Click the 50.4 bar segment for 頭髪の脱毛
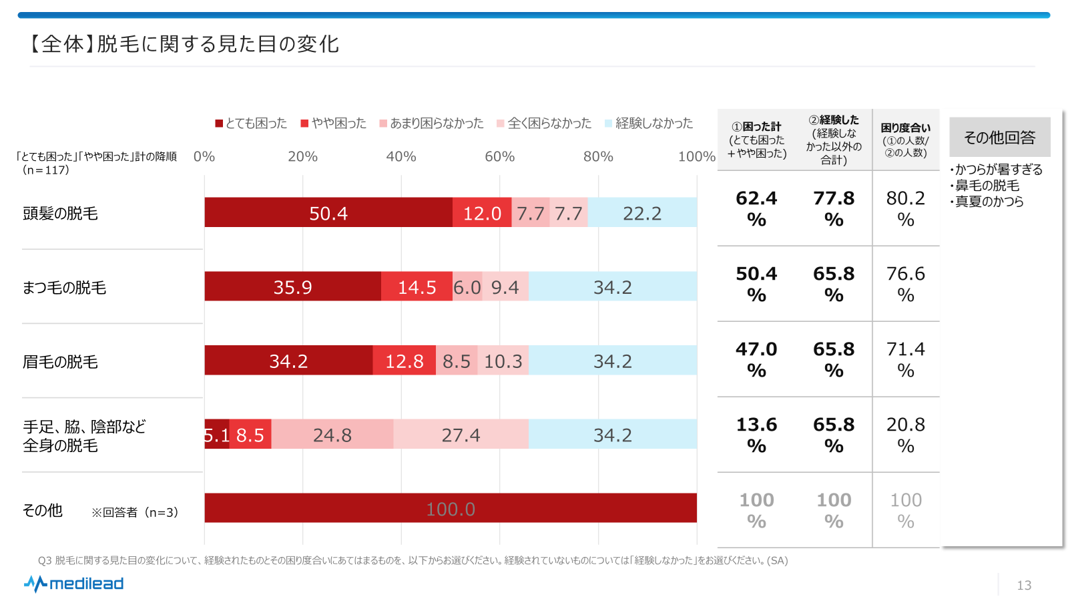point(328,212)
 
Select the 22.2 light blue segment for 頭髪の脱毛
point(642,212)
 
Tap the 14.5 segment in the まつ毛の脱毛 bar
point(417,286)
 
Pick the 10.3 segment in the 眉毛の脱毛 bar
point(503,361)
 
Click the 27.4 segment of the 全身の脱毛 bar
point(461,435)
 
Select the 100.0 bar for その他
point(451,508)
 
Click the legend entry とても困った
point(251,124)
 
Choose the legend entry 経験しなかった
point(649,124)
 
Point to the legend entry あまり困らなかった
point(431,124)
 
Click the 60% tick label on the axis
point(499,156)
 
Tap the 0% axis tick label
point(204,156)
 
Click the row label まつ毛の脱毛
point(64,287)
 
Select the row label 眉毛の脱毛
point(60,361)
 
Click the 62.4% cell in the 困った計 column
point(756,208)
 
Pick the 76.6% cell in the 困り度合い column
point(906,284)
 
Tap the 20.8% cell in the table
point(906,435)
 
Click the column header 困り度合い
point(906,140)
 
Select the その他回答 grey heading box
point(999,138)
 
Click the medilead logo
point(74,584)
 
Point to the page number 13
point(1024,586)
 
